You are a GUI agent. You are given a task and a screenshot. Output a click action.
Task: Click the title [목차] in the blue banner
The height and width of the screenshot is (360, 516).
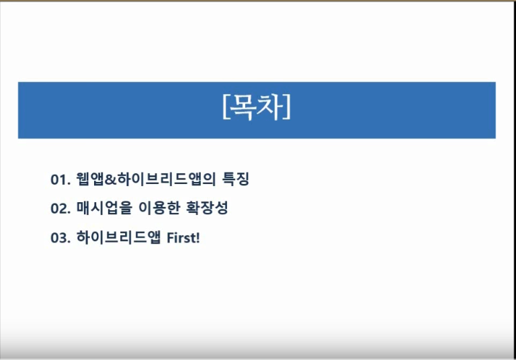point(257,107)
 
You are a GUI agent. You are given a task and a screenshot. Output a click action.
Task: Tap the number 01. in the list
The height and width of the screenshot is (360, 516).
point(60,180)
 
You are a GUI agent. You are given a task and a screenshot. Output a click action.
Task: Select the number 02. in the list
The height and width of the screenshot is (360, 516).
point(60,208)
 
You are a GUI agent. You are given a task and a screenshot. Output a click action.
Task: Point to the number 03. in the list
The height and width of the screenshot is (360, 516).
point(60,238)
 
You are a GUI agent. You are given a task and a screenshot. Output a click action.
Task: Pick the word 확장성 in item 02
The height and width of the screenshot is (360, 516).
point(207,208)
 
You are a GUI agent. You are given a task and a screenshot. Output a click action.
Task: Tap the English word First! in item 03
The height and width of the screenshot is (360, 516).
point(183,238)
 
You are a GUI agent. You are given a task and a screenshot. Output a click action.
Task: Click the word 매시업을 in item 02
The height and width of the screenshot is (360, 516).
point(104,208)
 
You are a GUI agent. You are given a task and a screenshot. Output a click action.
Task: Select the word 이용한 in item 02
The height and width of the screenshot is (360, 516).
point(159,208)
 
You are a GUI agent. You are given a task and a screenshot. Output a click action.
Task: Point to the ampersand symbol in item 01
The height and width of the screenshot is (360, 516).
point(111,180)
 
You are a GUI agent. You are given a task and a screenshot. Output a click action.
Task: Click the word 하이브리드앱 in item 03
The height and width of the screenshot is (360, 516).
point(118,237)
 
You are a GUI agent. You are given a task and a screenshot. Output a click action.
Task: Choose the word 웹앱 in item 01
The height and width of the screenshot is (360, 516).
point(90,179)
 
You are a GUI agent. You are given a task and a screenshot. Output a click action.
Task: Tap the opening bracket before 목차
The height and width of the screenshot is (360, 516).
point(226,107)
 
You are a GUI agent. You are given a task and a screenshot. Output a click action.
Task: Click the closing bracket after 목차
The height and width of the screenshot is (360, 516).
point(288,107)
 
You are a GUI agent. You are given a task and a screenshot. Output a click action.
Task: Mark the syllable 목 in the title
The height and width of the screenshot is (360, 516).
point(242,107)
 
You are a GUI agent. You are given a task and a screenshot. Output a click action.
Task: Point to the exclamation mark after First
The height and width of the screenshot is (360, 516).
point(198,238)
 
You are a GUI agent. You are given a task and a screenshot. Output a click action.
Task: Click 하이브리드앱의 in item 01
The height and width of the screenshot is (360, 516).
point(167,179)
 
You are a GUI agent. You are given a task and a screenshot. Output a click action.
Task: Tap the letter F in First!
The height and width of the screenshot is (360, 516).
point(170,238)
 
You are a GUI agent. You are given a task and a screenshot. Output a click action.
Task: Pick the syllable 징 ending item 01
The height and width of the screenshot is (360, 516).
point(243,179)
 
